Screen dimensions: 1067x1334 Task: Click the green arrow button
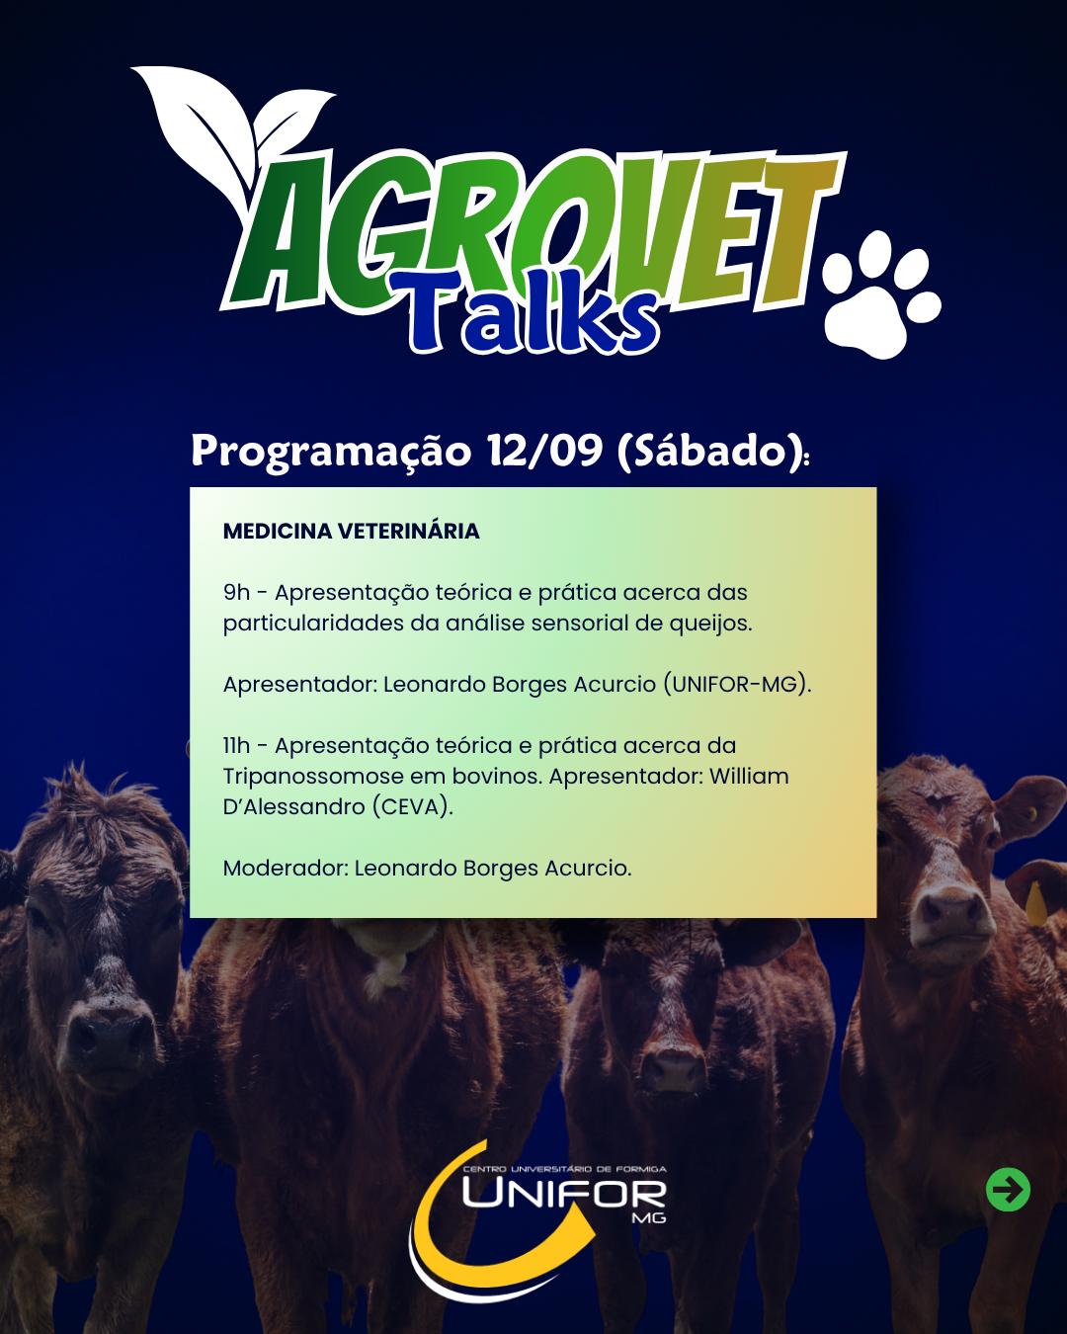click(x=1008, y=1190)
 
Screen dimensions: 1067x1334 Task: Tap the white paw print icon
click(x=881, y=295)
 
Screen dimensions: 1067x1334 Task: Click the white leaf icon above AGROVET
click(x=232, y=137)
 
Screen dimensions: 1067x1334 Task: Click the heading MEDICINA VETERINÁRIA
click(x=351, y=532)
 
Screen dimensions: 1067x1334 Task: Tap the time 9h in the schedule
click(x=236, y=593)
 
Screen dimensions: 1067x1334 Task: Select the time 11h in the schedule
click(x=236, y=746)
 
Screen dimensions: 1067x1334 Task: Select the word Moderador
click(x=286, y=869)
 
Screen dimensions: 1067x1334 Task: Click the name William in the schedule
click(x=749, y=776)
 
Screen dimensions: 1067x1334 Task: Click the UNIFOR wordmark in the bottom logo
click(x=564, y=1194)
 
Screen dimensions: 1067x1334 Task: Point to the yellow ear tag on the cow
click(x=1036, y=904)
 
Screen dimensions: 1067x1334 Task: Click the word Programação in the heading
click(x=331, y=452)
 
